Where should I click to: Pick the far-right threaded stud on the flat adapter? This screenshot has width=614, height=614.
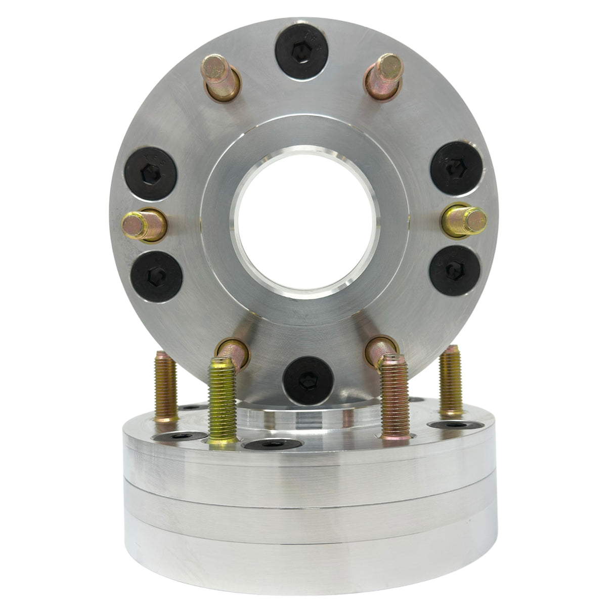pos(449,377)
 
